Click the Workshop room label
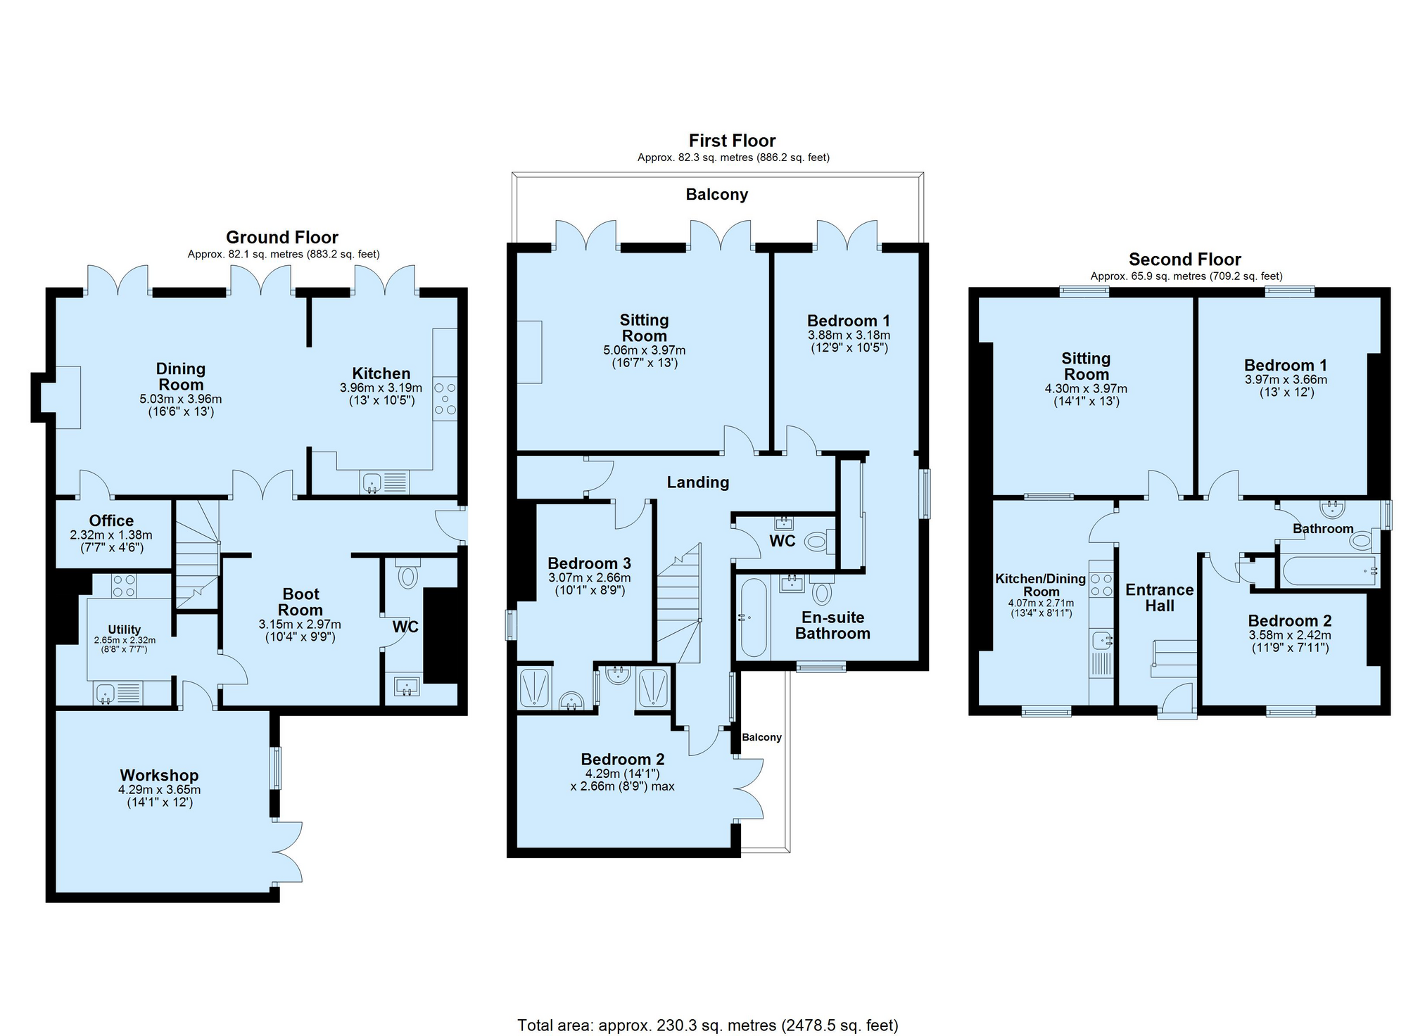(159, 775)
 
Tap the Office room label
(111, 520)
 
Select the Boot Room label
(300, 602)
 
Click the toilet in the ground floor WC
(407, 573)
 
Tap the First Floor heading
(732, 141)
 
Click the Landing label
(698, 482)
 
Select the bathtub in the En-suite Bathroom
(753, 618)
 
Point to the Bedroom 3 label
(589, 563)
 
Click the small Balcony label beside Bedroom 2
(761, 737)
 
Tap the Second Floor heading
(1185, 260)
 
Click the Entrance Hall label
(1160, 598)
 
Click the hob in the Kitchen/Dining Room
(1101, 584)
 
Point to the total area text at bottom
(708, 1025)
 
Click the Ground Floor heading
(282, 237)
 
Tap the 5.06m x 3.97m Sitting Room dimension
(644, 350)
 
